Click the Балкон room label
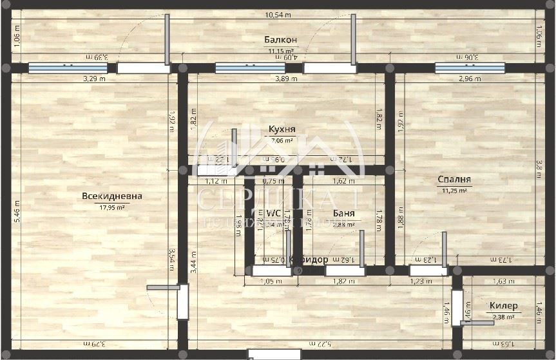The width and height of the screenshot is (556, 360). (x=280, y=40)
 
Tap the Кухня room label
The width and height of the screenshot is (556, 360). (x=282, y=129)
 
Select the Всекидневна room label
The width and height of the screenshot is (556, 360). (x=112, y=196)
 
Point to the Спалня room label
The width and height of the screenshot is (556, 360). (x=454, y=180)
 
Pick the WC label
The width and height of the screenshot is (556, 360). (x=274, y=213)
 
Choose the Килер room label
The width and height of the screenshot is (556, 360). (x=502, y=305)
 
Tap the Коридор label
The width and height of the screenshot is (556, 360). (x=309, y=260)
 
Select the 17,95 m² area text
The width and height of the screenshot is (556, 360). (x=112, y=207)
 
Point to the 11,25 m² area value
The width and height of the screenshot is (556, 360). (x=454, y=191)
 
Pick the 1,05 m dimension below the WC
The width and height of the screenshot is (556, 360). (x=266, y=281)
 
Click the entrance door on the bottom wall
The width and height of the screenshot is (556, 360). (x=274, y=354)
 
